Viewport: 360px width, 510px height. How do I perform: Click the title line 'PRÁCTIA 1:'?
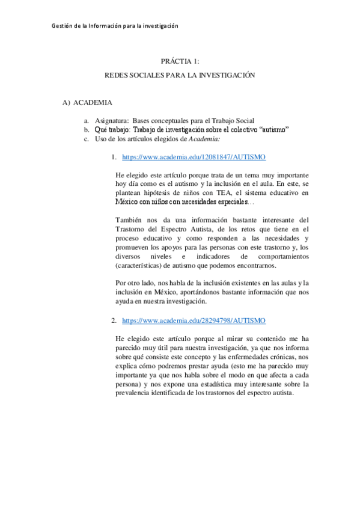pos(180,61)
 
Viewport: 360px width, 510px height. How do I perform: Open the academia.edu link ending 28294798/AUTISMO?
pos(194,321)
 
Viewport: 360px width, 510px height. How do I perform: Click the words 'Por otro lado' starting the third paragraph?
pos(134,283)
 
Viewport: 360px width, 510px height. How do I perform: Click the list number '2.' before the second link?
pos(114,321)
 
